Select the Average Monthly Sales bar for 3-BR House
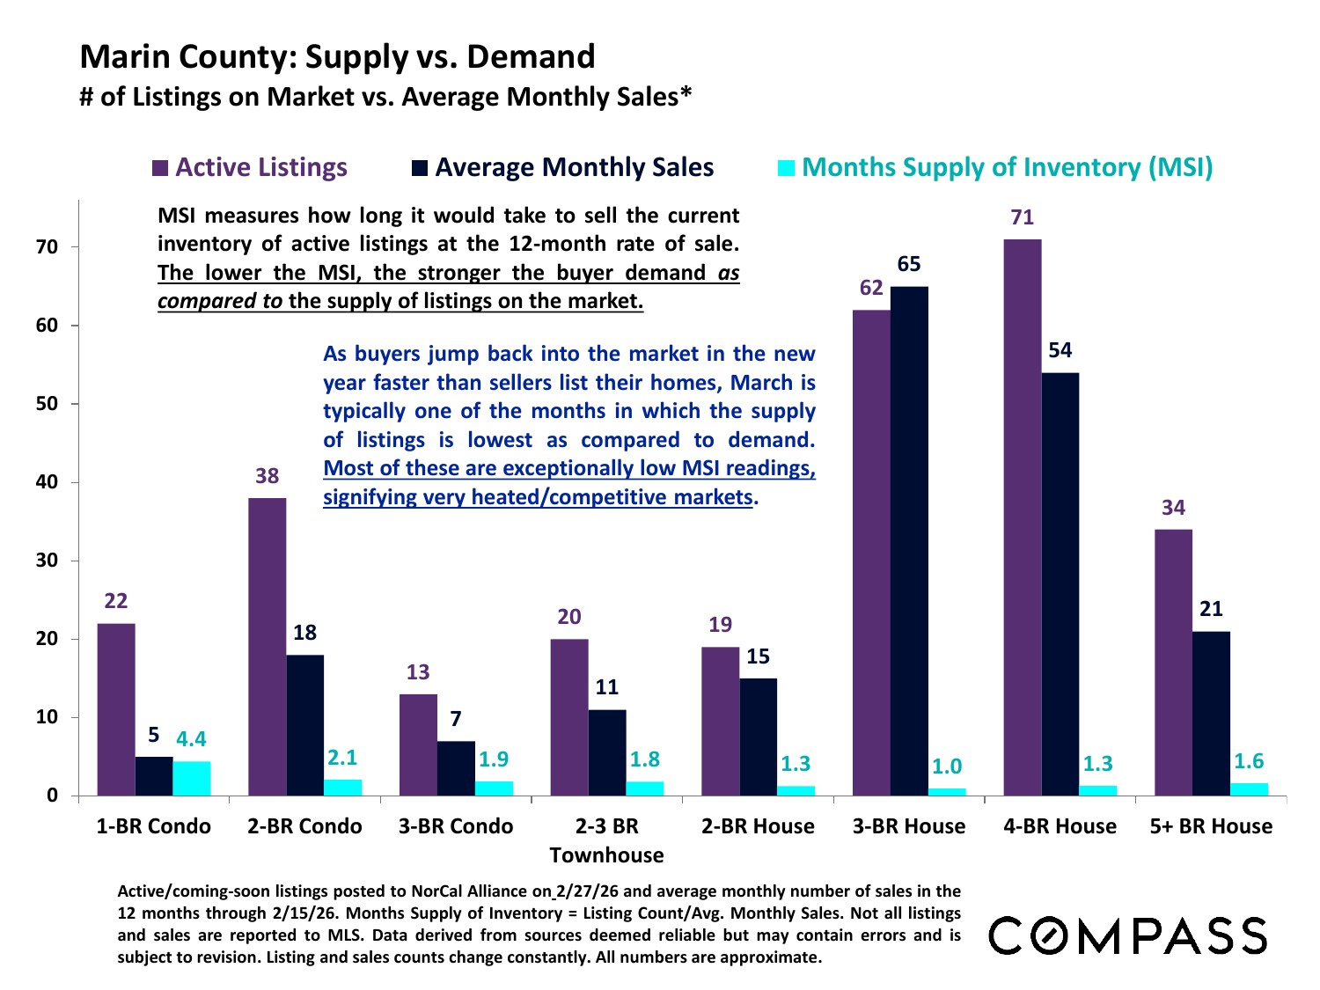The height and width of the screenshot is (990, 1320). tap(909, 541)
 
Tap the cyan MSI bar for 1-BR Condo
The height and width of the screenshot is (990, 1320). tap(192, 779)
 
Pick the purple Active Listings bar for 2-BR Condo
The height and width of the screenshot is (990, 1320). tap(267, 647)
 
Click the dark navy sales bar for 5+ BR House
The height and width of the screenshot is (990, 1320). tap(1211, 714)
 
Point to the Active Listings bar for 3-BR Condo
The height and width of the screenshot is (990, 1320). tap(418, 744)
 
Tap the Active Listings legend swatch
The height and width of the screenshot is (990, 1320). tap(160, 168)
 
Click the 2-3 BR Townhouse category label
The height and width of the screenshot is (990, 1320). tap(606, 840)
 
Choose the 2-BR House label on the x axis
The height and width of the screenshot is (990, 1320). tap(758, 826)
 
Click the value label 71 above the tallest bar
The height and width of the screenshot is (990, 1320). tap(1023, 217)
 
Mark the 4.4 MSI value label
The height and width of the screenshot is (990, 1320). tap(191, 739)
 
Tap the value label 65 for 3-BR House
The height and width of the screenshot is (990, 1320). tap(909, 264)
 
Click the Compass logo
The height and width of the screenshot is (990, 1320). tap(1128, 935)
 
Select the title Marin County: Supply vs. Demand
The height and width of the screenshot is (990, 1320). tap(337, 56)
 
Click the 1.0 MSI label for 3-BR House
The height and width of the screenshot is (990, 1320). tap(947, 766)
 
